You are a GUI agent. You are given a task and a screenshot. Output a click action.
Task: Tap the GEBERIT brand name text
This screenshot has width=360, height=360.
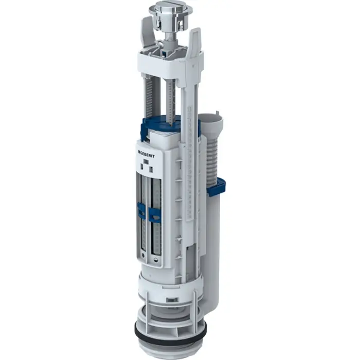[150, 153]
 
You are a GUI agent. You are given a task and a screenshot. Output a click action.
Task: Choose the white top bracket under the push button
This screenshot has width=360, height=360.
[170, 59]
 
